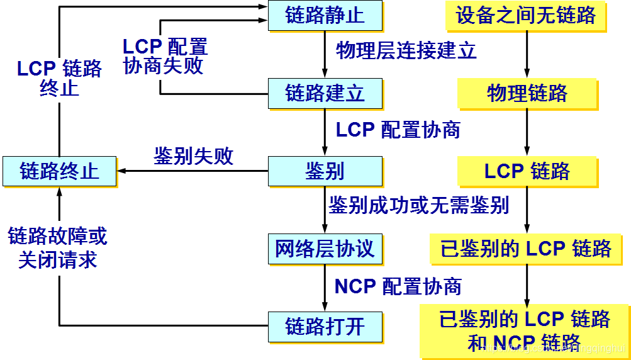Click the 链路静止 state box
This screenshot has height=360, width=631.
coord(325,15)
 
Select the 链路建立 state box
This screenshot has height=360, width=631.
coord(325,93)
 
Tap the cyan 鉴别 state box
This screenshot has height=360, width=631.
coord(325,171)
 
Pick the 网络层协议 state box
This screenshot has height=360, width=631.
coord(325,249)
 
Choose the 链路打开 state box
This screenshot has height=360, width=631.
coord(325,326)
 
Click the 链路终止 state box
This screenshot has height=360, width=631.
coord(59,171)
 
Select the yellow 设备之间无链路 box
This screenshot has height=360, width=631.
coord(526,15)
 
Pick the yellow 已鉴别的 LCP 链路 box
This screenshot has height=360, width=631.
coord(526,249)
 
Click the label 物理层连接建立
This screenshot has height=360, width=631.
coord(406,50)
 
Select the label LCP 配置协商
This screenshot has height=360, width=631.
coord(398,130)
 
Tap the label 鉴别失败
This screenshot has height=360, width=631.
coord(194,157)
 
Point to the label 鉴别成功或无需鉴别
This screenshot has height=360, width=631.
coord(418,205)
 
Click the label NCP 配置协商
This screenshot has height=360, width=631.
coord(398,286)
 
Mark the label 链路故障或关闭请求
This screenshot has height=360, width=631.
coord(58,248)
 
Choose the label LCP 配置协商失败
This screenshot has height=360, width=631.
coord(165,56)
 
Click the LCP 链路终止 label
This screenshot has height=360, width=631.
coord(59,77)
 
